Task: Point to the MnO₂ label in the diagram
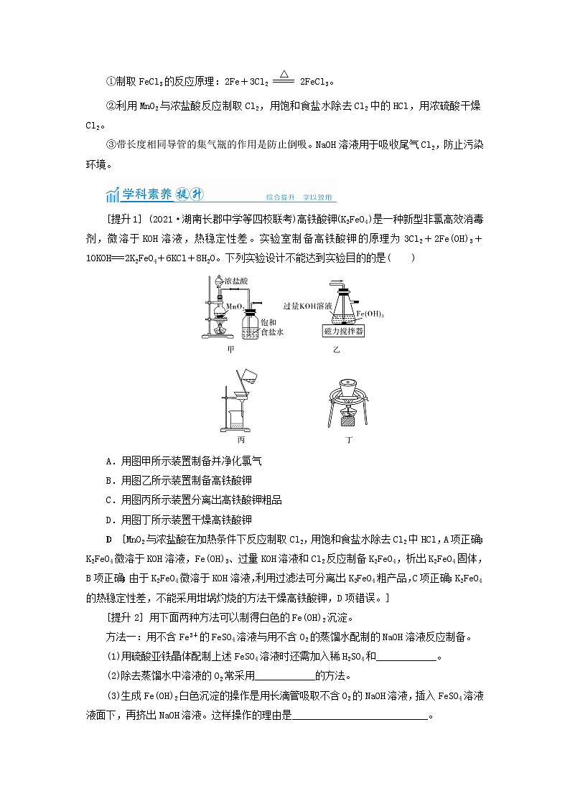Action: click(235, 306)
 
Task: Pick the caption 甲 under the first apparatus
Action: click(231, 350)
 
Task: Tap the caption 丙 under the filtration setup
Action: click(240, 439)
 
